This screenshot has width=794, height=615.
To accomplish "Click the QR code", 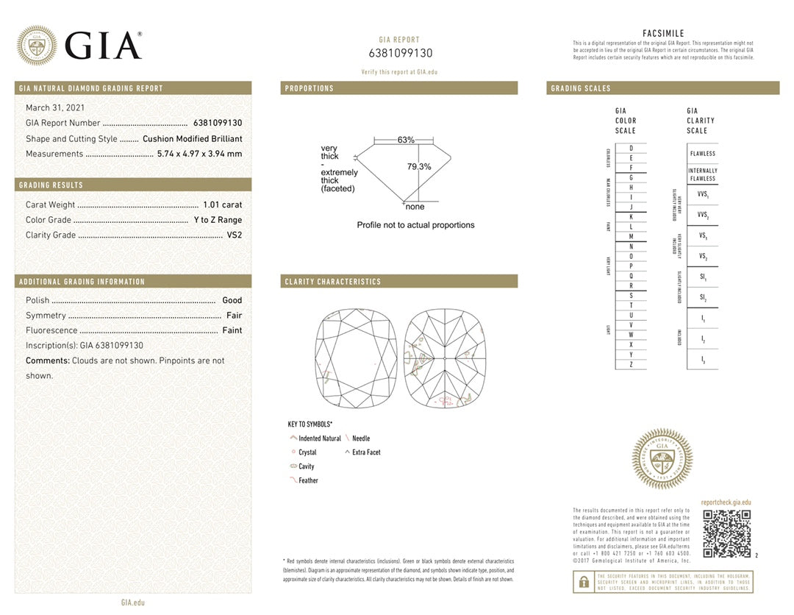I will tap(726, 533).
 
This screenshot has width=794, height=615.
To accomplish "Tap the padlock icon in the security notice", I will tap(584, 582).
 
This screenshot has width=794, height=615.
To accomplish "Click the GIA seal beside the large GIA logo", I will tap(37, 46).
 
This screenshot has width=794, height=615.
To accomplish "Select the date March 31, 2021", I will tap(55, 108).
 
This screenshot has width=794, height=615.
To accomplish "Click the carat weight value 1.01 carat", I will tap(222, 205).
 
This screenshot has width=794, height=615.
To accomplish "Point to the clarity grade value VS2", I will tap(235, 235).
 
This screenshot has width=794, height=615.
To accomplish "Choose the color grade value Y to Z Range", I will tap(218, 220).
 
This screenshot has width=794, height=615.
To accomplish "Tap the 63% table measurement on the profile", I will tap(406, 140).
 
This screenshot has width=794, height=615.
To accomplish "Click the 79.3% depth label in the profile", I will tap(419, 167).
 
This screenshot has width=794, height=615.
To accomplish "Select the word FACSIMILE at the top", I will tap(663, 34).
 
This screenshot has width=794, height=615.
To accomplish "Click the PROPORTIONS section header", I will tap(310, 88).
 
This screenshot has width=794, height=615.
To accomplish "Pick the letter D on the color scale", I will tap(631, 149).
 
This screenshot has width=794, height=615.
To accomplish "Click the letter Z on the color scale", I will tap(631, 364).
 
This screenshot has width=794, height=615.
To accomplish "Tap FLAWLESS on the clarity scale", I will tap(702, 154).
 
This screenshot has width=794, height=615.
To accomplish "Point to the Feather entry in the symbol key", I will tap(308, 480).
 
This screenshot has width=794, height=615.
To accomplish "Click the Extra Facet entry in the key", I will tap(366, 452).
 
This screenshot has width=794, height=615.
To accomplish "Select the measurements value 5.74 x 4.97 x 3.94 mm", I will tap(199, 154).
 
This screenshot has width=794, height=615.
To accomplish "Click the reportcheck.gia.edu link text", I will tap(726, 502).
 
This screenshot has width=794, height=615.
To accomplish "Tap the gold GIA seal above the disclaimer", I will tap(662, 459).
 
